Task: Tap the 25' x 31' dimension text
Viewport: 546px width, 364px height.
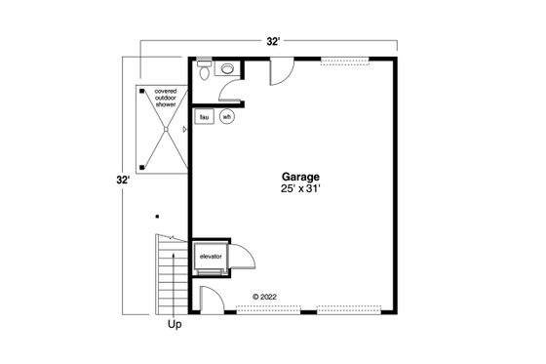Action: pyautogui.click(x=301, y=191)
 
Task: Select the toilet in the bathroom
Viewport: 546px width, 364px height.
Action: pyautogui.click(x=203, y=70)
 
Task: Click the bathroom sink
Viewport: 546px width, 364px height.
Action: pyautogui.click(x=227, y=69)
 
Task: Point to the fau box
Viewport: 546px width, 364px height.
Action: pyautogui.click(x=205, y=117)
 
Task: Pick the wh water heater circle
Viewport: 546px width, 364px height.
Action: pyautogui.click(x=226, y=117)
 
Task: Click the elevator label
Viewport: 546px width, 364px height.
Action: pyautogui.click(x=211, y=257)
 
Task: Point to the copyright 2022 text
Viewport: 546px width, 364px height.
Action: pyautogui.click(x=266, y=296)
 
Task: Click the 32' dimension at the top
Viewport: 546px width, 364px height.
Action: pyautogui.click(x=275, y=42)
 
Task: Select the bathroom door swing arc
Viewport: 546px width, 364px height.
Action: pyautogui.click(x=234, y=90)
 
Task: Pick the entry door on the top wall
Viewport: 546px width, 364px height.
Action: pyautogui.click(x=279, y=72)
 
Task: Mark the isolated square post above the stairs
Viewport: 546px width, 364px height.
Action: pyautogui.click(x=156, y=218)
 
